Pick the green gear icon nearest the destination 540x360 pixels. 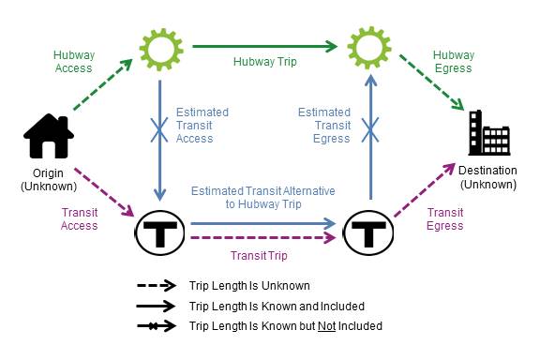(x=370, y=47)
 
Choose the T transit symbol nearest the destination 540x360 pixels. (x=369, y=231)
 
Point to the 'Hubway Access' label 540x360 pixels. (x=74, y=62)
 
